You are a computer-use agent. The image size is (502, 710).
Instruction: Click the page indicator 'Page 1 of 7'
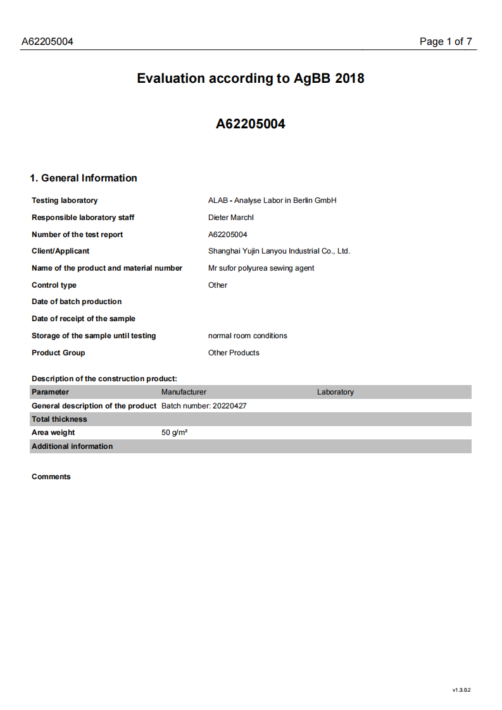[x=446, y=42]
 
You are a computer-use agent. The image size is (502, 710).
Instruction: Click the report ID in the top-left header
[x=47, y=42]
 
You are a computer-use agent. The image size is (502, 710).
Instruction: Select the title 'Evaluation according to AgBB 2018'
[x=251, y=78]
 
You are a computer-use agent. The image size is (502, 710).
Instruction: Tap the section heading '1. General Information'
[x=84, y=178]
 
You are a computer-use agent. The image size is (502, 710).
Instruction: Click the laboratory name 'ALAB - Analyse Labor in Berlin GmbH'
[x=272, y=200]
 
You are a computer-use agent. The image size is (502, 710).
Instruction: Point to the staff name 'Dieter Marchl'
[x=230, y=217]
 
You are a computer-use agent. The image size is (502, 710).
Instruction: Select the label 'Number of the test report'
[x=77, y=235]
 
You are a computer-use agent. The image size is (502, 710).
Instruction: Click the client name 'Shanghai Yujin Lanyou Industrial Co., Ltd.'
[x=279, y=251]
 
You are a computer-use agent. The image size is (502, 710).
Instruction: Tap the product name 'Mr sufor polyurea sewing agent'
[x=261, y=268]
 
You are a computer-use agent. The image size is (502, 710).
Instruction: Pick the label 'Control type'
[x=54, y=285]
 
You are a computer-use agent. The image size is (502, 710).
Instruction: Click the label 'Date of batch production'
[x=77, y=302]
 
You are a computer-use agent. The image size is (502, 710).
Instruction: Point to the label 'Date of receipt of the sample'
[x=84, y=319]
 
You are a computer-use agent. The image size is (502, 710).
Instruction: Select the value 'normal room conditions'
[x=248, y=336]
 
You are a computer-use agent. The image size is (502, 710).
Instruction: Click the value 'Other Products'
[x=234, y=353]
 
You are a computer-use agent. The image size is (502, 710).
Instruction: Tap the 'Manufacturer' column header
[x=184, y=392]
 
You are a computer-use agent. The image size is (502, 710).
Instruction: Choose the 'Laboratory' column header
[x=336, y=392]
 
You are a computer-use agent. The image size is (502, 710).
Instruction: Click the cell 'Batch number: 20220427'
[x=204, y=406]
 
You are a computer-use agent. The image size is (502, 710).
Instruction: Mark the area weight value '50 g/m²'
[x=174, y=432]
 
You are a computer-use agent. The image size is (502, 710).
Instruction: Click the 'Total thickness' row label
[x=60, y=419]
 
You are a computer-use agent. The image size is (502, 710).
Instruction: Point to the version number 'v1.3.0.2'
[x=461, y=690]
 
